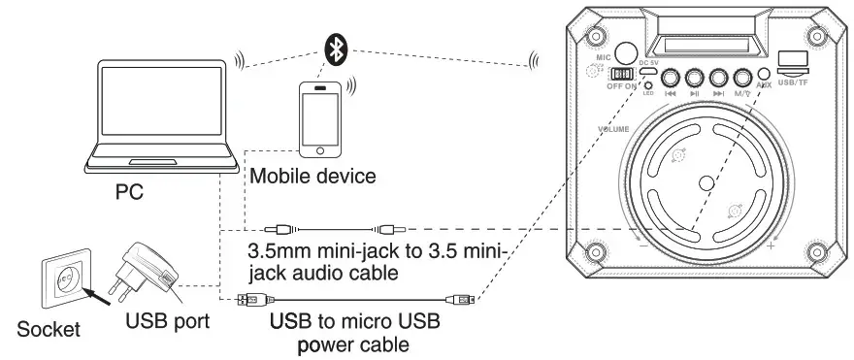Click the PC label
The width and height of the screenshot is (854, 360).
tap(129, 193)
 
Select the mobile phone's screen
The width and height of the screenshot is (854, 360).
tap(321, 116)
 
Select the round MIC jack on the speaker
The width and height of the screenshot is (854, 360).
tap(628, 52)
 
